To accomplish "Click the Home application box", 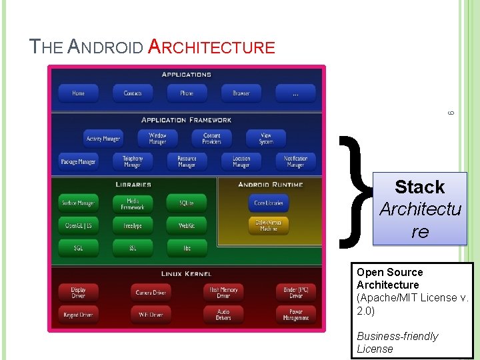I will click(x=79, y=93).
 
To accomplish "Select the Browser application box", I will click(x=241, y=93).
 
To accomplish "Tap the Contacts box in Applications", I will click(x=133, y=93).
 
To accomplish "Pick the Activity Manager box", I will click(x=103, y=139).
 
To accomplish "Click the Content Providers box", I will click(x=212, y=138).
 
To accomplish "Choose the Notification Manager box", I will click(x=296, y=161).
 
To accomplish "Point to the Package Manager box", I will click(x=79, y=161).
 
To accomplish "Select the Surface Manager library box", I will click(x=79, y=203).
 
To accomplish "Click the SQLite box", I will click(x=187, y=203).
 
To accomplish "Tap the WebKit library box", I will click(x=187, y=226).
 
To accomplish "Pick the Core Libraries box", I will click(x=269, y=203).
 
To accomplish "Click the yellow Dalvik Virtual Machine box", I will click(x=269, y=225).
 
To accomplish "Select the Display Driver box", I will click(x=79, y=292).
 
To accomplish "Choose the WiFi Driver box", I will click(x=151, y=314).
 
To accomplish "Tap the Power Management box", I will click(x=296, y=314).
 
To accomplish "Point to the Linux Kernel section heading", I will click(x=187, y=274).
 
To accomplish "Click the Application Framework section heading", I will click(x=187, y=120).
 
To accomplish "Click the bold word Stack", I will click(x=419, y=187).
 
